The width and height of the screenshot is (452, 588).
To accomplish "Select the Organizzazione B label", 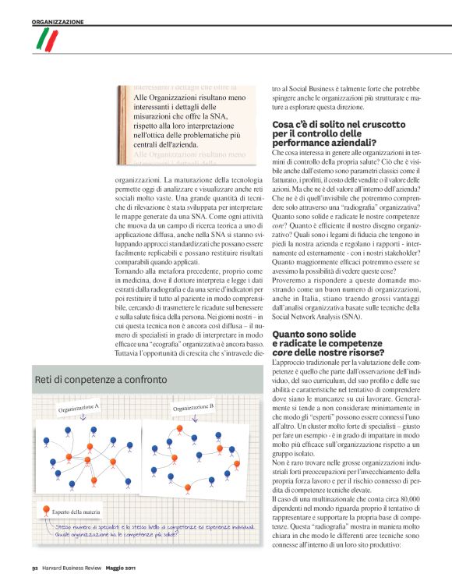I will click(x=193, y=408).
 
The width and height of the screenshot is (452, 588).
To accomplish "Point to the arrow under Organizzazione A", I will click(x=84, y=419).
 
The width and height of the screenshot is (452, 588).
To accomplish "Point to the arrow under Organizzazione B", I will click(x=195, y=418).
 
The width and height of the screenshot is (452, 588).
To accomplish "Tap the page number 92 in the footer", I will click(x=35, y=567).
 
